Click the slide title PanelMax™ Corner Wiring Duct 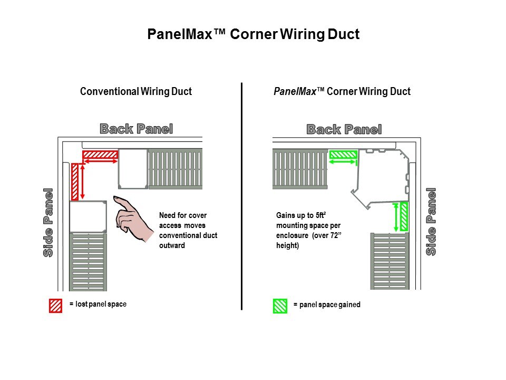[253, 35]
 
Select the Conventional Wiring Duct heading [135, 91]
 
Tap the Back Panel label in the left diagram [136, 129]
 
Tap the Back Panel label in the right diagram [344, 129]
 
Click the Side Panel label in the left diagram [48, 222]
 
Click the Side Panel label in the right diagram [431, 222]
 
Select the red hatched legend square [55, 306]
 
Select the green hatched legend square [280, 306]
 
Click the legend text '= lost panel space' [98, 304]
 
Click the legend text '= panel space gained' [327, 305]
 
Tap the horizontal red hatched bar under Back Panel [100, 154]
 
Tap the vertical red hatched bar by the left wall [75, 182]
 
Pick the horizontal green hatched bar [343, 155]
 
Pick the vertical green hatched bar [404, 216]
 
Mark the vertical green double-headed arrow [396, 217]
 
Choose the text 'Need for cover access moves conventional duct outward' [188, 230]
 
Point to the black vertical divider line [241, 195]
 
